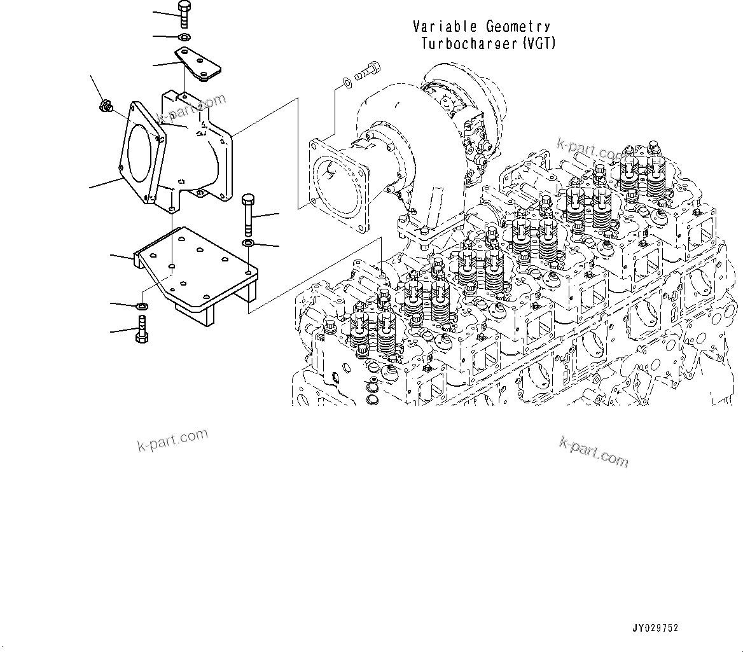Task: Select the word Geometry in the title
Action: coord(518,27)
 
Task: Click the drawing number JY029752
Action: coord(655,628)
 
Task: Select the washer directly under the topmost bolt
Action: coord(184,38)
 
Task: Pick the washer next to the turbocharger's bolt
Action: coord(345,82)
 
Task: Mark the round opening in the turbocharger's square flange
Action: coord(338,184)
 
